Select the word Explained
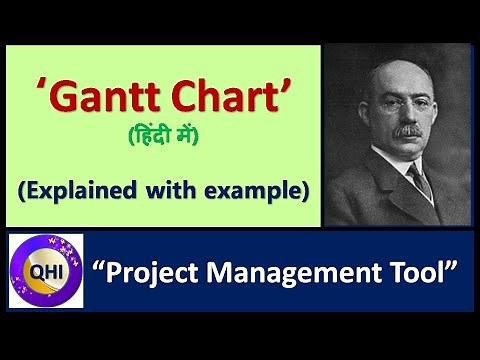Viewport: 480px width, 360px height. [x=85, y=189]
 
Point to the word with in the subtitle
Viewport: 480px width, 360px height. [x=177, y=189]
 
